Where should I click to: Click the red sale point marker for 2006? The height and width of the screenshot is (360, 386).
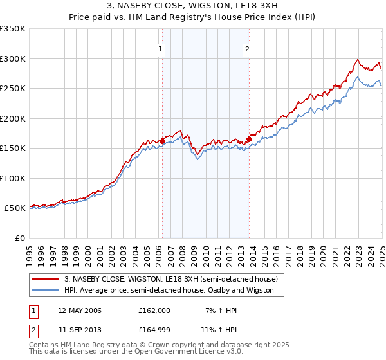click(x=162, y=141)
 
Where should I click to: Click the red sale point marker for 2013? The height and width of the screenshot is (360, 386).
click(x=249, y=139)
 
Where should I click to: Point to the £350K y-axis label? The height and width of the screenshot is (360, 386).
click(x=13, y=29)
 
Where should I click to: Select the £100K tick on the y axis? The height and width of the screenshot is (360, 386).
click(x=13, y=178)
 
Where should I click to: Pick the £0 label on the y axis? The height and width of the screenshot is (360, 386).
click(x=19, y=238)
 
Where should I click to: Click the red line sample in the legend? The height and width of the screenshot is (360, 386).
click(x=45, y=279)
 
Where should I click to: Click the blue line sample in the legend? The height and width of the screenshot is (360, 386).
click(x=45, y=290)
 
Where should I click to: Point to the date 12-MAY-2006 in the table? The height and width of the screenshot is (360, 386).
click(x=80, y=310)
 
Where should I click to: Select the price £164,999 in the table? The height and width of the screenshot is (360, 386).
click(x=154, y=330)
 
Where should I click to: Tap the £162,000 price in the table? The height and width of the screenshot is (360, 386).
click(x=154, y=310)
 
